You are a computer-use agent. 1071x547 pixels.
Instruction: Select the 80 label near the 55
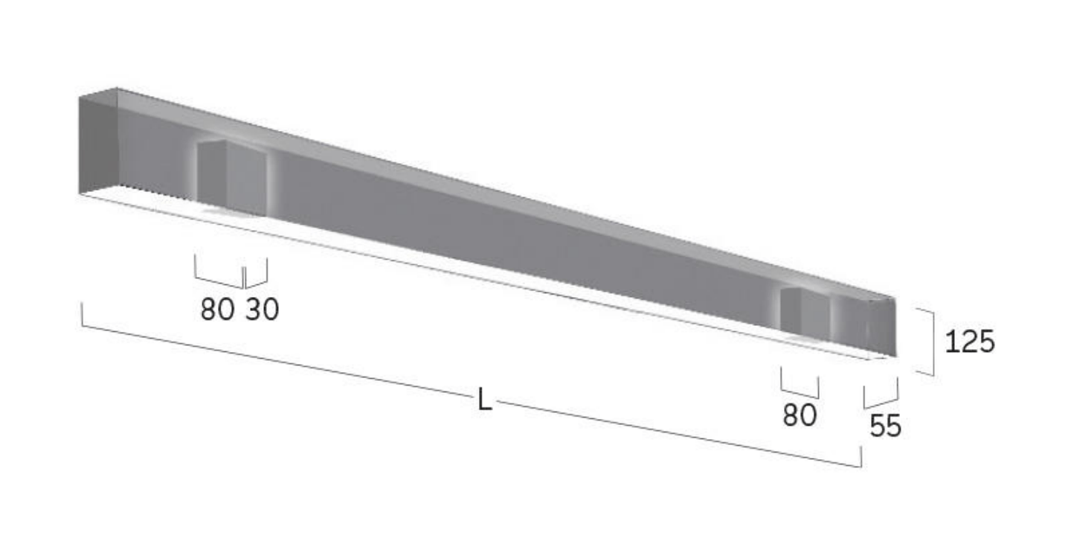[800, 416]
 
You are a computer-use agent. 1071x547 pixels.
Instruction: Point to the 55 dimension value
[885, 426]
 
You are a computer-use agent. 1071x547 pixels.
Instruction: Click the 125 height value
[969, 342]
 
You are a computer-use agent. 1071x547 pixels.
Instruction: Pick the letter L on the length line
[484, 402]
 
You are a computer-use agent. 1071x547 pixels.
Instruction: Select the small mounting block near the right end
[806, 312]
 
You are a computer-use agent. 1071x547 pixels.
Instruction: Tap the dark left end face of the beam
[98, 145]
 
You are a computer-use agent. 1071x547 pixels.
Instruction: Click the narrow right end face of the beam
[882, 327]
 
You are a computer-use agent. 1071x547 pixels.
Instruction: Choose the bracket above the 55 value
[881, 395]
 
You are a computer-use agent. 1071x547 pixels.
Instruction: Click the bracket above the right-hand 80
[800, 386]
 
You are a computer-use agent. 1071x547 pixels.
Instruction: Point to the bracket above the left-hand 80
[219, 275]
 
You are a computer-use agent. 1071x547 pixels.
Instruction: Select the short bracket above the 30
[257, 275]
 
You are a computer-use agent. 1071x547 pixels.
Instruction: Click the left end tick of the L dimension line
[82, 314]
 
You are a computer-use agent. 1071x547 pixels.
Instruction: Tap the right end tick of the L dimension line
[861, 457]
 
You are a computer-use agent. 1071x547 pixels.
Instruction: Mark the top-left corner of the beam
[80, 97]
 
